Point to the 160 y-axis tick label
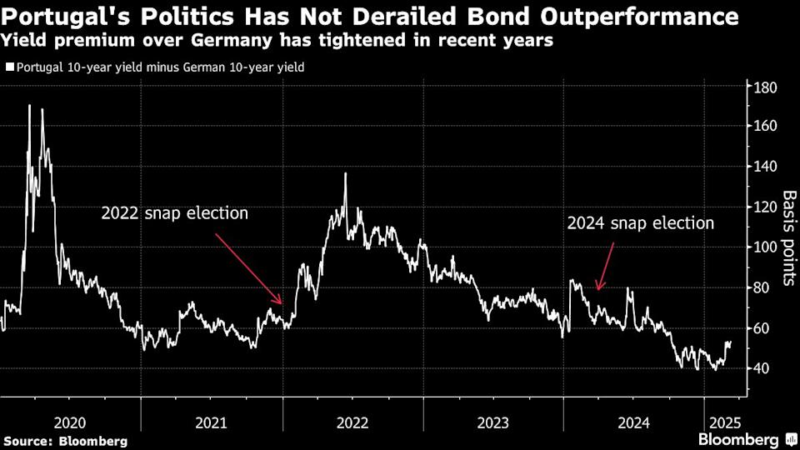tap(766, 127)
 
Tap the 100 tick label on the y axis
tap(766, 247)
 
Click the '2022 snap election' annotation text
tap(175, 213)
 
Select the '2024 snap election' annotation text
tap(640, 223)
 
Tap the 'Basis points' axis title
tap(788, 238)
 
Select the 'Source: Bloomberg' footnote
tap(66, 440)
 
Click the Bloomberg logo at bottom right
tap(739, 439)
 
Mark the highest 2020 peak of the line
tap(30, 106)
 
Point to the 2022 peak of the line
tap(345, 173)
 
